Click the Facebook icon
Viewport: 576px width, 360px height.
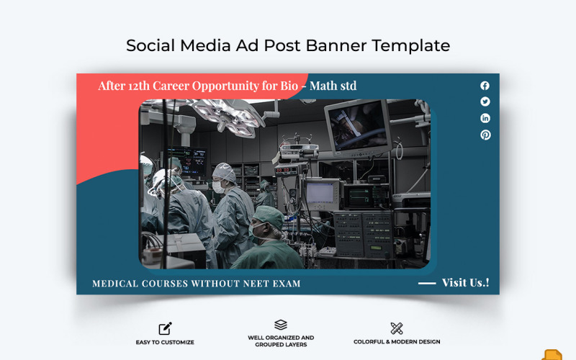(x=485, y=85)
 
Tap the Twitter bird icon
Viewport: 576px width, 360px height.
(x=485, y=102)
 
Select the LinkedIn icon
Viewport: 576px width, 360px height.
(x=485, y=118)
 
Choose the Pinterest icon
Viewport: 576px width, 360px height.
(x=485, y=135)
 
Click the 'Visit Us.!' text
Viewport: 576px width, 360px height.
(x=465, y=282)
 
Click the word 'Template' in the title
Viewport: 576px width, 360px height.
(x=411, y=45)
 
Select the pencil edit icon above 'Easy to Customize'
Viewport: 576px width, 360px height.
(x=165, y=328)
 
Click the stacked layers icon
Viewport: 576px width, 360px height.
(x=281, y=325)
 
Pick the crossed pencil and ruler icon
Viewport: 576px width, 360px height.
(x=396, y=328)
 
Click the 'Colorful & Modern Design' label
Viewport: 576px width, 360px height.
(x=397, y=342)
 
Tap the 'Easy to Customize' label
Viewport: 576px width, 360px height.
(x=165, y=342)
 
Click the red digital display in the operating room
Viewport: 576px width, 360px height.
(x=287, y=169)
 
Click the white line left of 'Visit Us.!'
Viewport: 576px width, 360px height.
(x=427, y=283)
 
